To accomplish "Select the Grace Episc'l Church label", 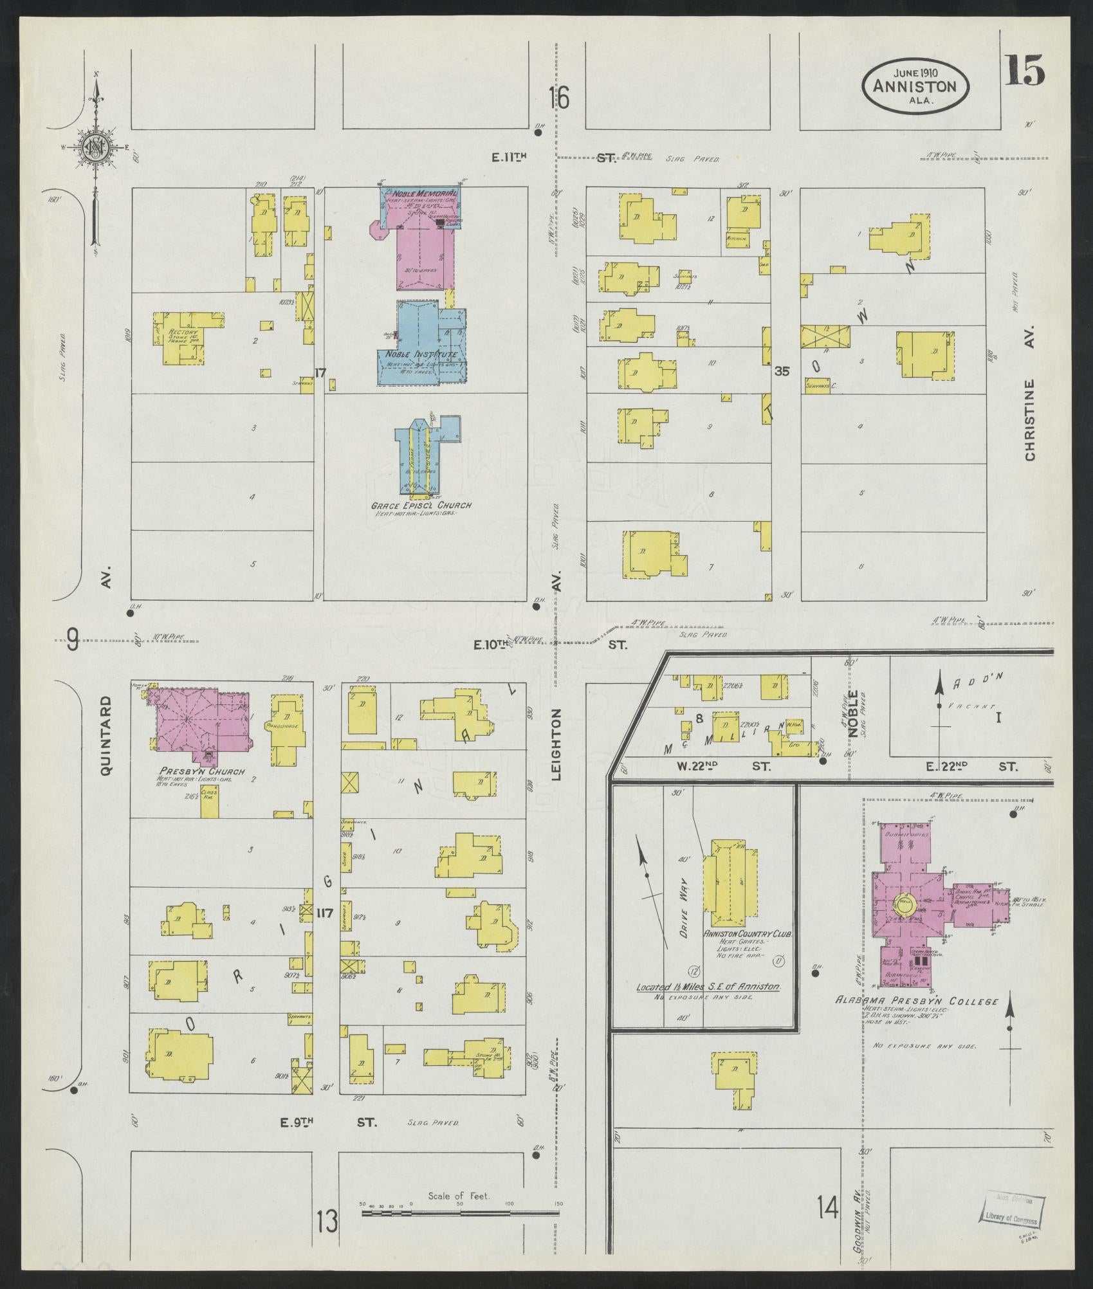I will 421,505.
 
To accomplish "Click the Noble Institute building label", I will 421,354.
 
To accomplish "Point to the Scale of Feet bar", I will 460,1213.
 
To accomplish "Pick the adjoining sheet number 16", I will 560,98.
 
